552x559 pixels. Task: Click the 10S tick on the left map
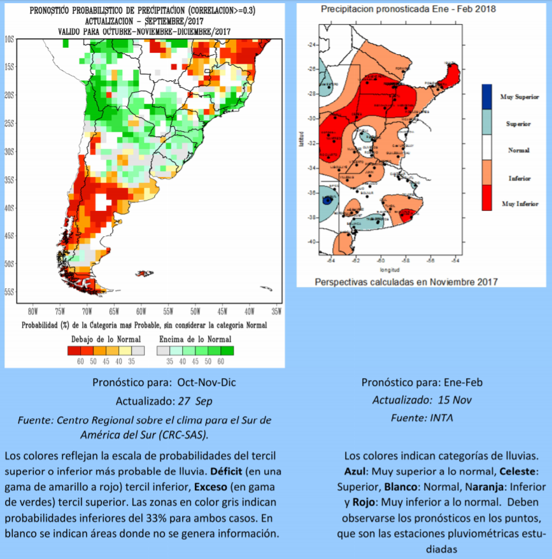pos(10,39)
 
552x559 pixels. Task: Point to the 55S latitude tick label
pos(10,292)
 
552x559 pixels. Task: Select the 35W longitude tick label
pos(276,311)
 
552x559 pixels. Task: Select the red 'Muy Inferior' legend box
pos(486,197)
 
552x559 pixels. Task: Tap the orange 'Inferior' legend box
pos(486,172)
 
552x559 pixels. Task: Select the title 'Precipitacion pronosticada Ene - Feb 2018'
pos(408,10)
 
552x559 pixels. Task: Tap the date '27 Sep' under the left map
pos(196,401)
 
